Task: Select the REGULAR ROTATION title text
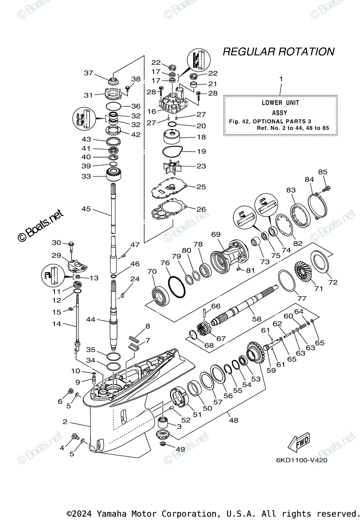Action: [278, 52]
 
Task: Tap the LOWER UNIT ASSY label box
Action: [280, 116]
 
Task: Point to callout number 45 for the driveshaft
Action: [87, 209]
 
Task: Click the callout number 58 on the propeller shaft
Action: [257, 318]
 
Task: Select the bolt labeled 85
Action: [326, 188]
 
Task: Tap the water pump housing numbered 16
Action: [173, 105]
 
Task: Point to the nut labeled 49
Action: [163, 445]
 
